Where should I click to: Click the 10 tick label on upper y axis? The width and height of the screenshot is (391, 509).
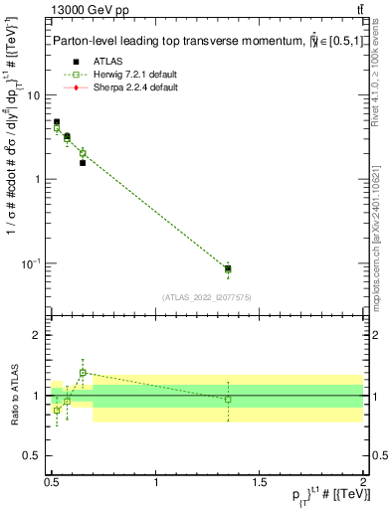coord(34,95)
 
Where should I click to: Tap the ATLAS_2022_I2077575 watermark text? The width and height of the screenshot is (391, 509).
coord(207,296)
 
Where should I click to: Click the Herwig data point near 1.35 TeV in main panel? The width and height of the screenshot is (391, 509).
coord(228,268)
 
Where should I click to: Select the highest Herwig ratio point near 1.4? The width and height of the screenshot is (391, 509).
coord(83,373)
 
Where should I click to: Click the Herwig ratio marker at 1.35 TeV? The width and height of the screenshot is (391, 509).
coord(228,399)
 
